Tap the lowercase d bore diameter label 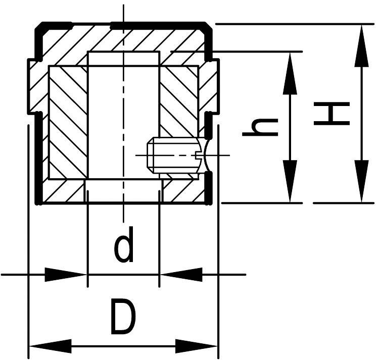124,245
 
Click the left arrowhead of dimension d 66,275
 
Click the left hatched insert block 68,121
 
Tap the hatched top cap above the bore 124,38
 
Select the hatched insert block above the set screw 179,101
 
